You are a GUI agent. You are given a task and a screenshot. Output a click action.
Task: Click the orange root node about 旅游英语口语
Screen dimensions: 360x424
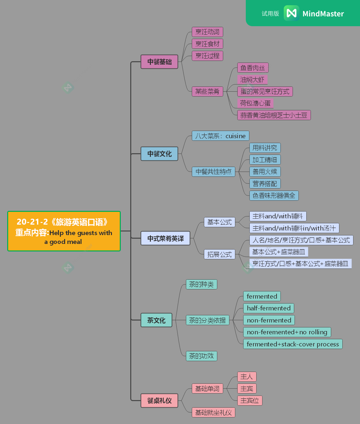pos(64,231)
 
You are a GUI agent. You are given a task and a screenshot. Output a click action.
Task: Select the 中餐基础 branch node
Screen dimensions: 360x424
pos(159,62)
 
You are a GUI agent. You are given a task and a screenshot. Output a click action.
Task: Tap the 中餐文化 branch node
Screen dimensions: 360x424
pos(159,154)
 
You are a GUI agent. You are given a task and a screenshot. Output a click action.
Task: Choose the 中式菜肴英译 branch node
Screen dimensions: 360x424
pos(165,238)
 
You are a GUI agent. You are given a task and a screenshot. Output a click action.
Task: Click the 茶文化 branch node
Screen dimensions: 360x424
pos(156,320)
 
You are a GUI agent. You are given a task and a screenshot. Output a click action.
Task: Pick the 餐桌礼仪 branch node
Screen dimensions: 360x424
pos(159,401)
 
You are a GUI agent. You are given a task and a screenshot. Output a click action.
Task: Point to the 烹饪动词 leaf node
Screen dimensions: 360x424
pos(207,32)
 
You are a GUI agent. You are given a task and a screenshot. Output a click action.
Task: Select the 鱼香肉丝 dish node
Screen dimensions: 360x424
pos(253,68)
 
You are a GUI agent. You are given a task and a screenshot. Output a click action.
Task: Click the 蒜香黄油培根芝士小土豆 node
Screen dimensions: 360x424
pos(274,115)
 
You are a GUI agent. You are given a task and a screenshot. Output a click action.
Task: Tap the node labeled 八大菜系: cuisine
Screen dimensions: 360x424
pos(220,136)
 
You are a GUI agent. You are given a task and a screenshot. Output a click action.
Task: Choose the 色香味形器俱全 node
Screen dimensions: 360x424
pos(274,196)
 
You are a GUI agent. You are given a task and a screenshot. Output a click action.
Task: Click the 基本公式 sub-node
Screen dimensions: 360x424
pos(219,222)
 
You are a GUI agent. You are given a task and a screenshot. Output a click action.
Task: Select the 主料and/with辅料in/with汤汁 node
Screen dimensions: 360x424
pos(294,228)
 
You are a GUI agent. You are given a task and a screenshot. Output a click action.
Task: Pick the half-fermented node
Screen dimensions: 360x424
pos(269,308)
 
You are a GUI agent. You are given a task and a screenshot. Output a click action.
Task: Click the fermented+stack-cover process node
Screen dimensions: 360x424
pos(293,344)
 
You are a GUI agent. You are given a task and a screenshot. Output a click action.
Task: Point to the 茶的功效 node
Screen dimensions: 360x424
pos(201,356)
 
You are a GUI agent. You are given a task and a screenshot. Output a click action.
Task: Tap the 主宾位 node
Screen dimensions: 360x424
pos(250,400)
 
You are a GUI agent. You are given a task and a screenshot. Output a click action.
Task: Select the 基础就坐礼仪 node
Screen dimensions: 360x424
pos(213,413)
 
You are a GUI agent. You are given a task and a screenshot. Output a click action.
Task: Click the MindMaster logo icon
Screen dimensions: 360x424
pos(291,13)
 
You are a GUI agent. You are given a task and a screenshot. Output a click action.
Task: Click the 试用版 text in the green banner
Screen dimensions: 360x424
pos(270,14)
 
